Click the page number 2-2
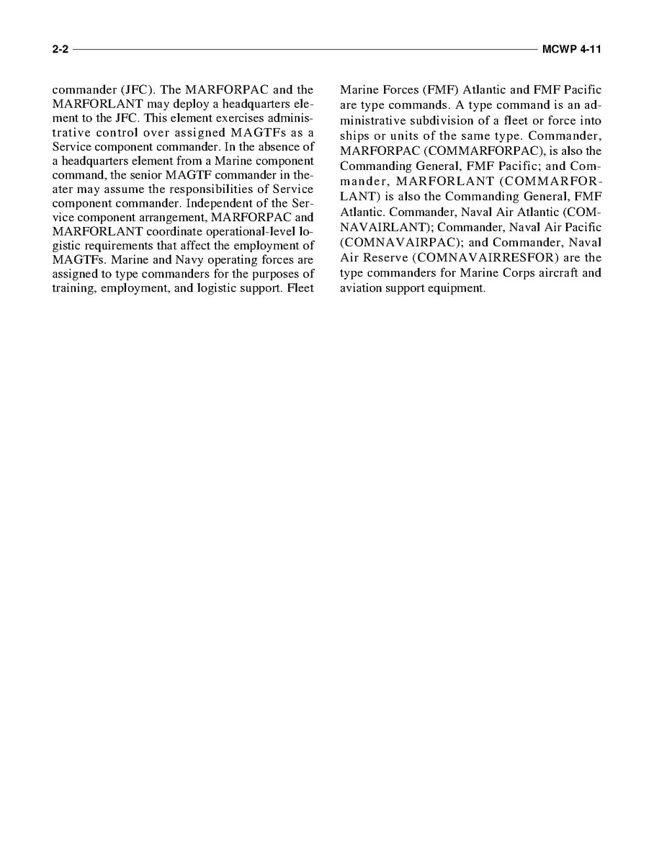tap(61, 50)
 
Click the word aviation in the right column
tap(361, 288)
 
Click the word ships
tap(354, 136)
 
